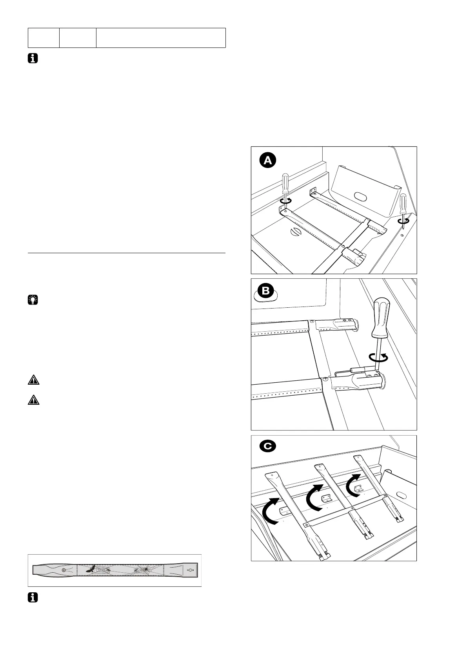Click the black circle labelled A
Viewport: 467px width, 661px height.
pos(268,161)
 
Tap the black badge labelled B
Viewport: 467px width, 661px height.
pos(266,291)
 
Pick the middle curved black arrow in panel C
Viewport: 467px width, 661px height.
pos(315,498)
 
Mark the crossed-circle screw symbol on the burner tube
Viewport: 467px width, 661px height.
pos(64,569)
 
